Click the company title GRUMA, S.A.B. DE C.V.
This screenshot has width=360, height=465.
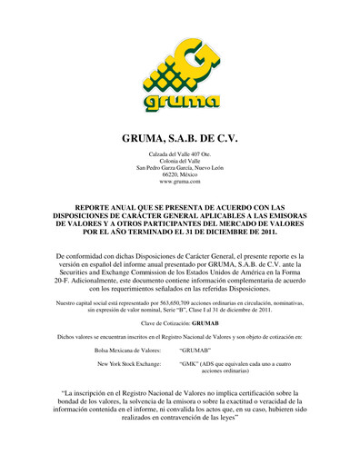click(x=180, y=142)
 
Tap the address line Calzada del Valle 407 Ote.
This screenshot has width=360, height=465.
click(x=180, y=161)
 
